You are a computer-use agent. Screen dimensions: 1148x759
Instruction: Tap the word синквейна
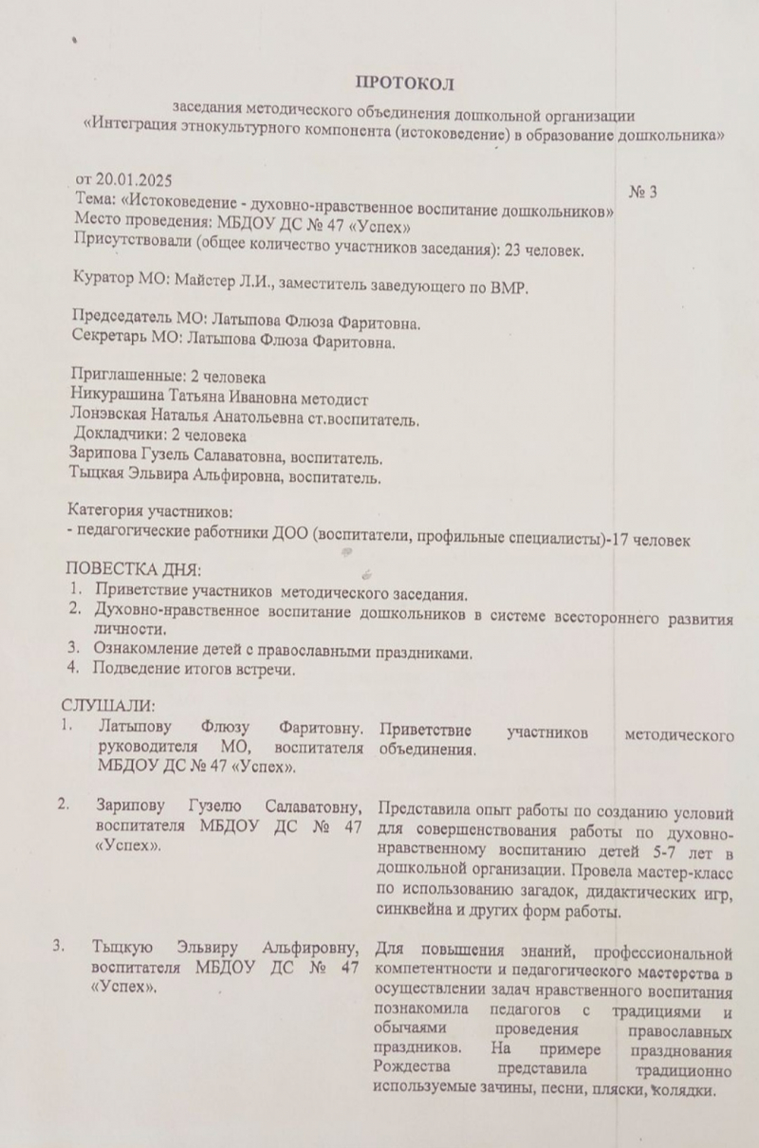tap(418, 913)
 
